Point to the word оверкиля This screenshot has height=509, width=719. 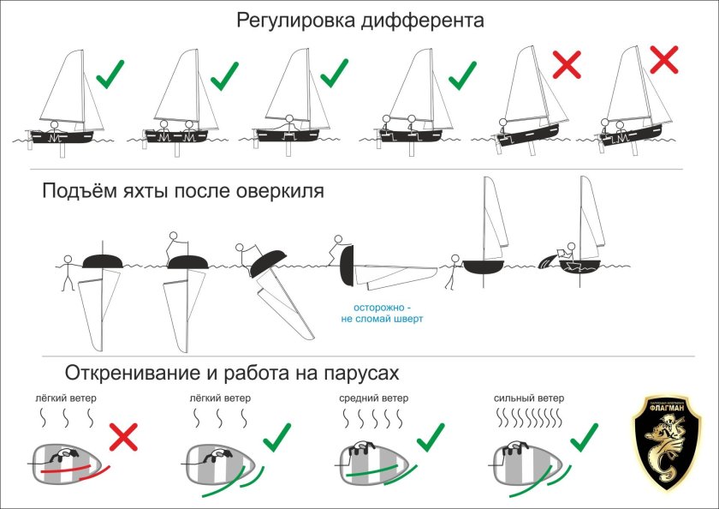tap(276, 190)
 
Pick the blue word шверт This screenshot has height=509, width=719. tap(408, 319)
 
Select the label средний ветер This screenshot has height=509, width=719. tap(374, 398)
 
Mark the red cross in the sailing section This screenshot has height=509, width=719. tap(122, 439)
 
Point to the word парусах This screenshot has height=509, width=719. tap(358, 374)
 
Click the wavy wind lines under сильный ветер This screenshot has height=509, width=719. tap(527, 420)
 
